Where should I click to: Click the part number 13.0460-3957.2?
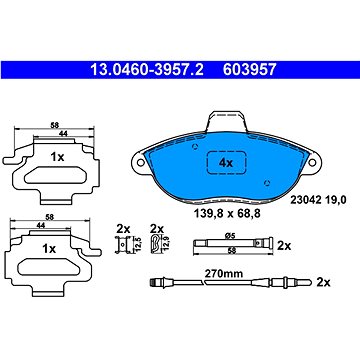pyautogui.click(x=147, y=70)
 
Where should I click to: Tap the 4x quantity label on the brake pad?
pyautogui.click(x=226, y=163)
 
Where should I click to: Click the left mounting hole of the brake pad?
pyautogui.click(x=141, y=162)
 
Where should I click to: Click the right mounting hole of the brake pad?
pyautogui.click(x=312, y=162)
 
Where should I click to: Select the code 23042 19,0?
pyautogui.click(x=319, y=200)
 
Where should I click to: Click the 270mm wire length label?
pyautogui.click(x=223, y=274)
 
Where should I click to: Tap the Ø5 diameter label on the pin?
pyautogui.click(x=230, y=236)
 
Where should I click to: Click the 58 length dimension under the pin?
pyautogui.click(x=231, y=252)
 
